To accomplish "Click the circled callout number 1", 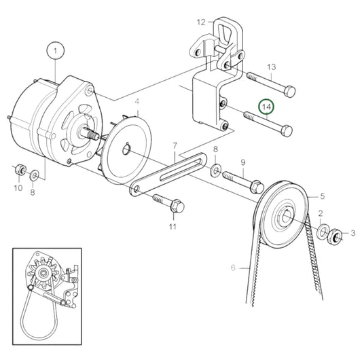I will coord(54,50).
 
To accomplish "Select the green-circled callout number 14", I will coord(266,107).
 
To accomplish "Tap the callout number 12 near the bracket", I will coord(201,22).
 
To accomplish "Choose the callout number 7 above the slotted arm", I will coord(175,145).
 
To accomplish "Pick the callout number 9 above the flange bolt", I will coord(243,162).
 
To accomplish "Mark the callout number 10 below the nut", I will coord(18,187).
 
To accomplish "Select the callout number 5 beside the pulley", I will coord(323,196).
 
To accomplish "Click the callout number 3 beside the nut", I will coord(352,234).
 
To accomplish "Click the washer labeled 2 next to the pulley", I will coord(321,232).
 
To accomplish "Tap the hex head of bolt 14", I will coord(287,129).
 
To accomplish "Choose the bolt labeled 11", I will coord(166,201).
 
